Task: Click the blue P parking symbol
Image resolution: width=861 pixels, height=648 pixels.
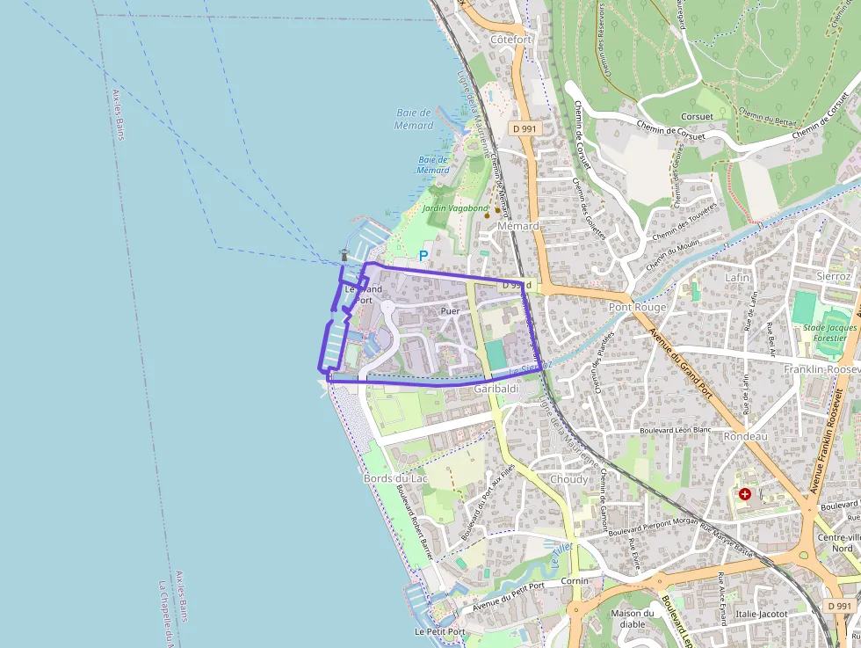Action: (423, 256)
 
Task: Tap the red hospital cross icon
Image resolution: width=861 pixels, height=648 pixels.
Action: (745, 495)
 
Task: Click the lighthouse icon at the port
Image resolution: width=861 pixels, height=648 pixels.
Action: (344, 255)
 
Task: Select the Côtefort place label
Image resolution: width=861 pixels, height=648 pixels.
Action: (510, 40)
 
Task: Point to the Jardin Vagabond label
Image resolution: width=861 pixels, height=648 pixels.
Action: (454, 208)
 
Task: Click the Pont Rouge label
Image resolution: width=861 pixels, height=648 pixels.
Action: (638, 307)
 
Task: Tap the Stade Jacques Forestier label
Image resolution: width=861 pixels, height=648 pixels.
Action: (829, 333)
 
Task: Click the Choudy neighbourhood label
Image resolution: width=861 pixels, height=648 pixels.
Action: (568, 479)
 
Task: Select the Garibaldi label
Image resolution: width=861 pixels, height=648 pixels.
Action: (496, 388)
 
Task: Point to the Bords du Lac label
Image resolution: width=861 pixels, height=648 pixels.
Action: (395, 477)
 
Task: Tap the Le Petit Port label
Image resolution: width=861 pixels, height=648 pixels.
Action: (439, 631)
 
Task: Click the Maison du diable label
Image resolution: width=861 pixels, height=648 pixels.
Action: (633, 619)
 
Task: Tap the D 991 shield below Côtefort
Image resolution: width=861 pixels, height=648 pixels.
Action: (524, 128)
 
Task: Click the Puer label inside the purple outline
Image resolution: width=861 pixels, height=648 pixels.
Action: (450, 311)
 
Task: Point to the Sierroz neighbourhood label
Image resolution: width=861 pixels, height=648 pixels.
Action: (833, 276)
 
